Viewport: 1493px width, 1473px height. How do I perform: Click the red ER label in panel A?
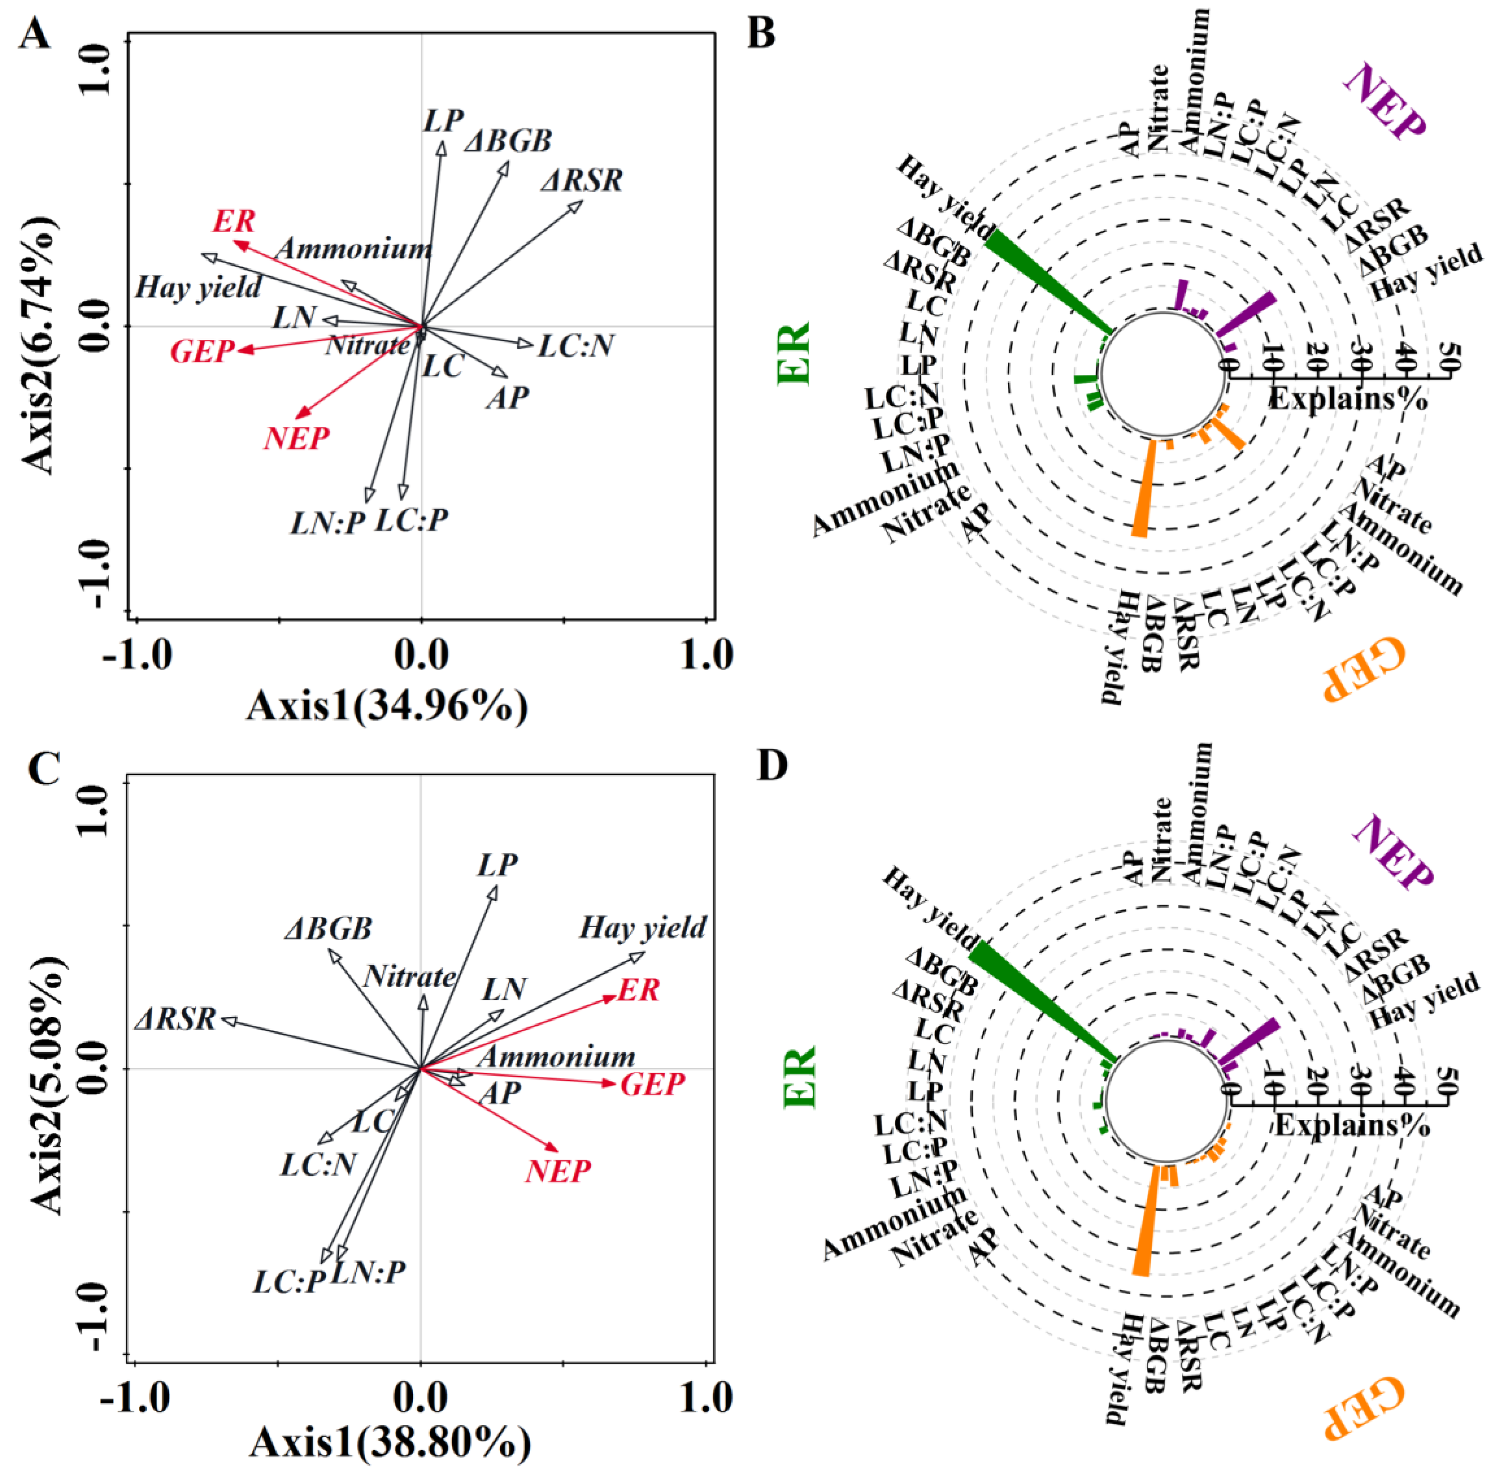click(x=233, y=222)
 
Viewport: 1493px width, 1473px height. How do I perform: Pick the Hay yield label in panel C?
click(x=643, y=927)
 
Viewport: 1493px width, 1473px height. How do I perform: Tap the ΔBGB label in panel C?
click(x=328, y=928)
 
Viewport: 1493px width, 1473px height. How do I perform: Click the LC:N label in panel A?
click(x=576, y=345)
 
